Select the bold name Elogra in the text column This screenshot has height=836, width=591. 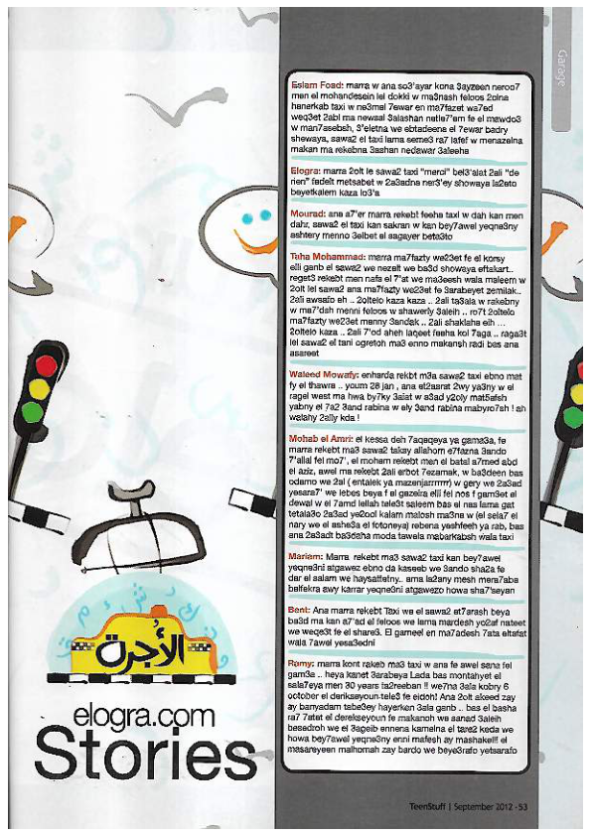point(305,170)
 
